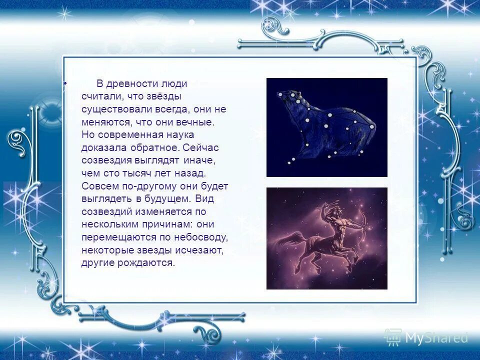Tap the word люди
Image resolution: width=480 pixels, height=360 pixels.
coord(174,83)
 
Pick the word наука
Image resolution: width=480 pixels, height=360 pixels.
coord(181,135)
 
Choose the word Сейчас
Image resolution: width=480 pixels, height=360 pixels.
coord(201,148)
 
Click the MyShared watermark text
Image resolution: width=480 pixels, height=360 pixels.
coord(435,338)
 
